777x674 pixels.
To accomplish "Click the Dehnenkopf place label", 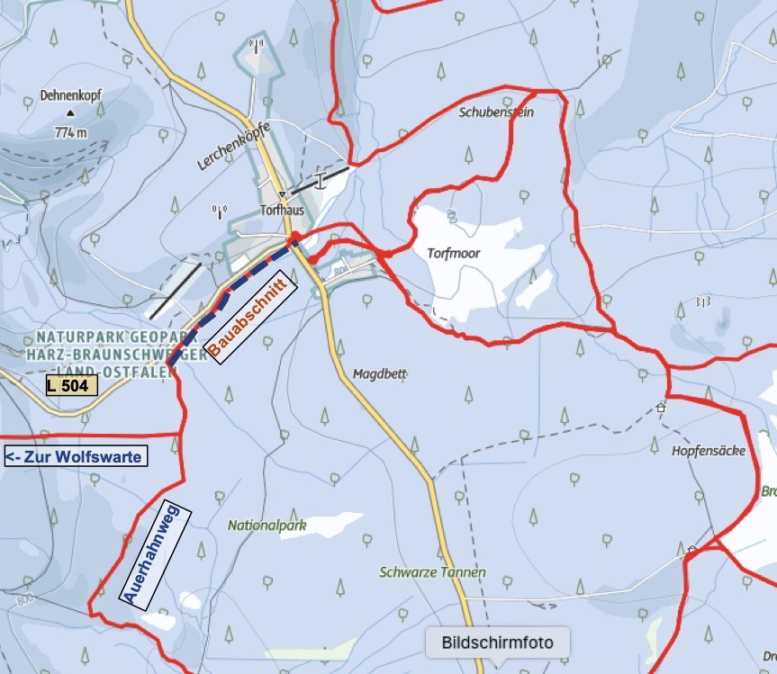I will pos(68,94).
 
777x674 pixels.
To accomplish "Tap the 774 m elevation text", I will pos(70,132).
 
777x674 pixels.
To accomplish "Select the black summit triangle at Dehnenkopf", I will pos(70,114).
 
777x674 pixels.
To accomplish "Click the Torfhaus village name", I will pos(282,211).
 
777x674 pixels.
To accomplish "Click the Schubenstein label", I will pos(496,113).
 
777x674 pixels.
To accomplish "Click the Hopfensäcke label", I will pos(709,451).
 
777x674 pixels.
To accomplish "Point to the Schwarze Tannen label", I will pos(432,572).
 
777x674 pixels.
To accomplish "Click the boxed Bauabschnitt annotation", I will pos(247,320).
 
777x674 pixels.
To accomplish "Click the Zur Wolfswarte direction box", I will pos(74,456).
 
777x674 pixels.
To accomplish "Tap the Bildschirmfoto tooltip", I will pos(497,643).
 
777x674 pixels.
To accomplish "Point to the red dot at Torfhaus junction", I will pos(294,238).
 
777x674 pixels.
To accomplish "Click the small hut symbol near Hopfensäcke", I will pos(660,408).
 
